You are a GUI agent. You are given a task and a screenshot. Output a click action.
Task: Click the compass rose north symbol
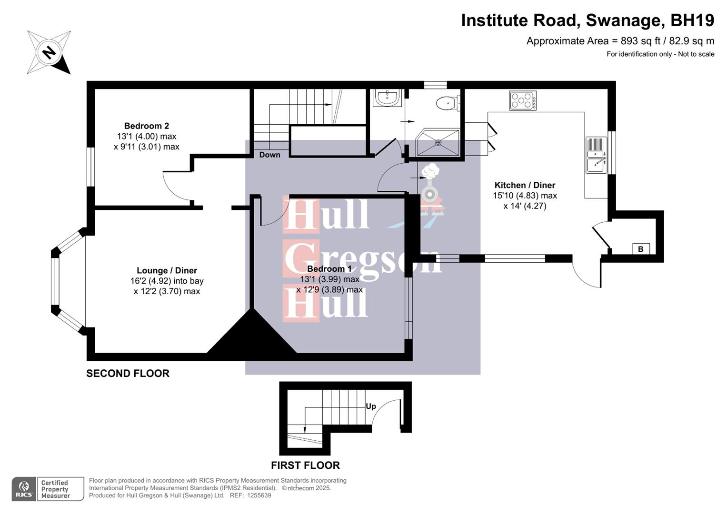point(49,52)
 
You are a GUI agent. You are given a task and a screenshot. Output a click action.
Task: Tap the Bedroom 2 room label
point(146,126)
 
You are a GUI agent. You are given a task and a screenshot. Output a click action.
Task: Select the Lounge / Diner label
point(167,270)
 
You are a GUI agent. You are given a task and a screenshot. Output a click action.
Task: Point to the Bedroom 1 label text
point(329,269)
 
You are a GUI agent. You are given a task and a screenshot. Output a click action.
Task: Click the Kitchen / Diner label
point(525,185)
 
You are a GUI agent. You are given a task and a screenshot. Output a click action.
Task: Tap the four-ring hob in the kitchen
point(522,101)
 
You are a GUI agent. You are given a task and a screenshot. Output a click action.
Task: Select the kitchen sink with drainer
point(596,155)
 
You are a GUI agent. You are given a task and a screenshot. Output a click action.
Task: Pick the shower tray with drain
point(438,142)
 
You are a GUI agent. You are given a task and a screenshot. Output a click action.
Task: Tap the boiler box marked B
point(640,249)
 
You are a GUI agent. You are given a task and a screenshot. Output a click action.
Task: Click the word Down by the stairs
point(269,155)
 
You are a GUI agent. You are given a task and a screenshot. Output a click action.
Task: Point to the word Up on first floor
point(370,406)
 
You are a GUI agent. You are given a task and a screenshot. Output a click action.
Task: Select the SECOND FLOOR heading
point(128,374)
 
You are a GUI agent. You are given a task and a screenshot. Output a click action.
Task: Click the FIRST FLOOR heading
point(305,465)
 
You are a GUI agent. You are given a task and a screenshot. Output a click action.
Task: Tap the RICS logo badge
point(24,489)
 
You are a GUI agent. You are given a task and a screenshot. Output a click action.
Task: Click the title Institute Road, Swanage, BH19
point(587,20)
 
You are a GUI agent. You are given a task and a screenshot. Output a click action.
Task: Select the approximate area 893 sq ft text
point(620,41)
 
